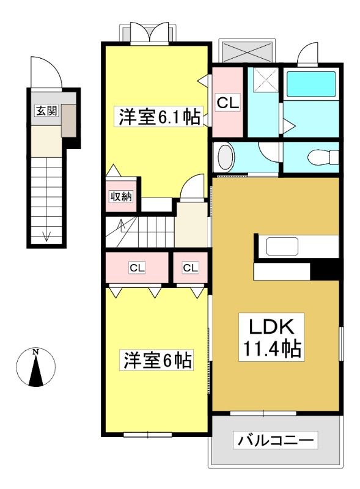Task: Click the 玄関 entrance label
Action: coord(47,111)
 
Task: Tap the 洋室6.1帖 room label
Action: coord(159,117)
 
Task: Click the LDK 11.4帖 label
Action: coord(271,337)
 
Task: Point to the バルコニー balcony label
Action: coord(276,440)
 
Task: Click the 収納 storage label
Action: coord(121,196)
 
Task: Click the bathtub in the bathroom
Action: coord(310,84)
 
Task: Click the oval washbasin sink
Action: coord(226,157)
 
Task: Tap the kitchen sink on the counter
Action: coord(282,246)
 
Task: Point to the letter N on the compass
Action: coord(36,352)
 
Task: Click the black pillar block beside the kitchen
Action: coord(325,271)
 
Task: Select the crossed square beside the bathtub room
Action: coord(265,80)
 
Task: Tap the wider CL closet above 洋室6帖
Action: coord(137,268)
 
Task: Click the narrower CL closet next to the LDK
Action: coord(190,268)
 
